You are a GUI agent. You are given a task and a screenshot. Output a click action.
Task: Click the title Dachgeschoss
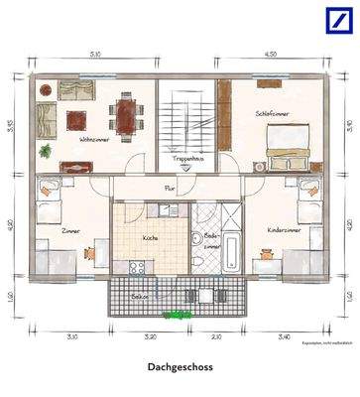click(180, 367)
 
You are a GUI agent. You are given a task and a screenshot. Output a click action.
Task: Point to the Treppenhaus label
click(188, 157)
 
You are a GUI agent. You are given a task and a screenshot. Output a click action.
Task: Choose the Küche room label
click(150, 238)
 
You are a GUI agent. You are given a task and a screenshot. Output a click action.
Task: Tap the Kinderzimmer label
click(284, 229)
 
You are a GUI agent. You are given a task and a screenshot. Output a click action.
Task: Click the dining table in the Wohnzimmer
click(126, 114)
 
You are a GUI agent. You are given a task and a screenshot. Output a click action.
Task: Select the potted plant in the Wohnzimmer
click(45, 152)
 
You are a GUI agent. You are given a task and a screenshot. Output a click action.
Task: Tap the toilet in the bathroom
click(201, 260)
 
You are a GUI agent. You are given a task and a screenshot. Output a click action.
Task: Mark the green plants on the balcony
click(179, 313)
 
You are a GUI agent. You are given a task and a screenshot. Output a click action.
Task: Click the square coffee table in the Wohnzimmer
click(76, 119)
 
